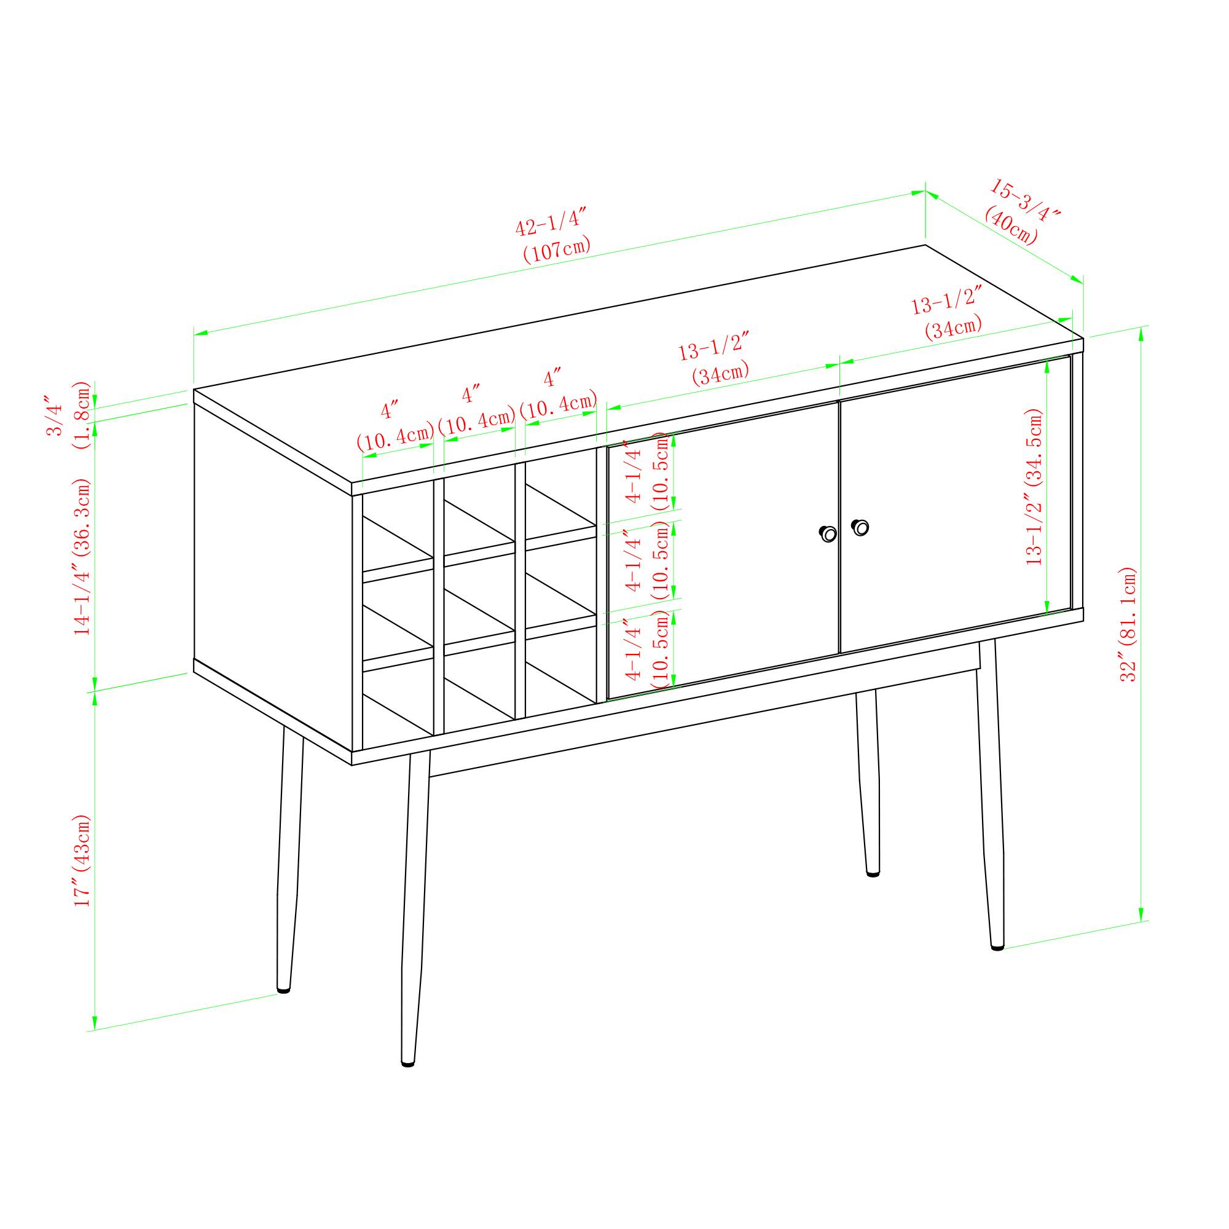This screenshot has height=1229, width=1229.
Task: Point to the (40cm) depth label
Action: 1011,225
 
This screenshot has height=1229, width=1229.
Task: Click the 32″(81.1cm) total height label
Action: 1127,624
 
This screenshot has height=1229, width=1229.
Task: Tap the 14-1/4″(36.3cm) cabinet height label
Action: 83,556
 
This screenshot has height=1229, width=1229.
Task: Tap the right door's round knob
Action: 860,527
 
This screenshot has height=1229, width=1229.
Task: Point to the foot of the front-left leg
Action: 408,1062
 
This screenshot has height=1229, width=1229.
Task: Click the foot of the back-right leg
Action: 873,874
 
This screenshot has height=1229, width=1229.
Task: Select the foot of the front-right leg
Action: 997,946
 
